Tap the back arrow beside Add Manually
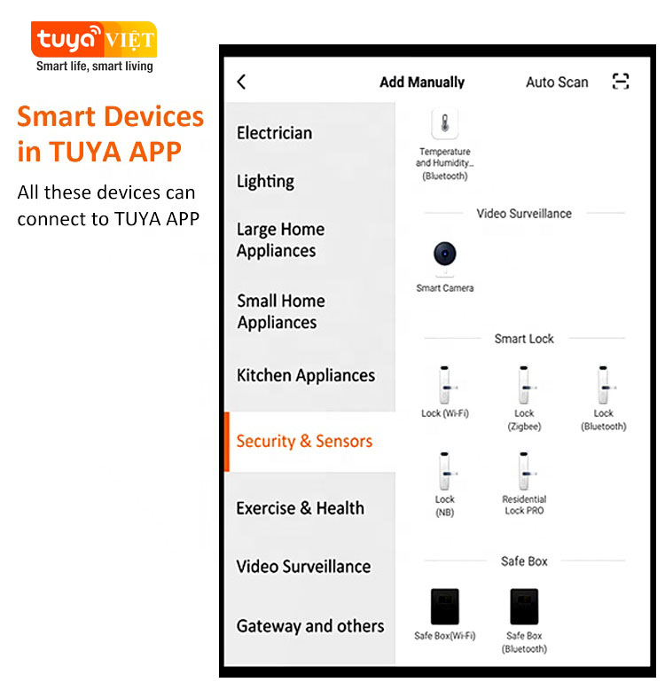(241, 82)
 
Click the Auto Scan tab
(557, 82)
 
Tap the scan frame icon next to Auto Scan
(620, 82)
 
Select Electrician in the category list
(274, 133)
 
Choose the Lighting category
(265, 182)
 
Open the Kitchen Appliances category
(306, 376)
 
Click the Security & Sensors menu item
(304, 441)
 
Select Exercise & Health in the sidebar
(300, 508)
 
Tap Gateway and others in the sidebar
(310, 626)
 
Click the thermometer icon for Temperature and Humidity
(445, 123)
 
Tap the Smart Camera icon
(445, 258)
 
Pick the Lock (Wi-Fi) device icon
(445, 385)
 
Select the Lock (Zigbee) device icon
(524, 385)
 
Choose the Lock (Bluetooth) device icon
(604, 385)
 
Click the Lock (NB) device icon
(445, 471)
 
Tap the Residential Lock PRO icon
(524, 471)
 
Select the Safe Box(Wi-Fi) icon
(445, 607)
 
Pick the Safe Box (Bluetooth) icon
(524, 607)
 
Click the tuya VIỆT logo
(94, 40)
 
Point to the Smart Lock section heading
(524, 339)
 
